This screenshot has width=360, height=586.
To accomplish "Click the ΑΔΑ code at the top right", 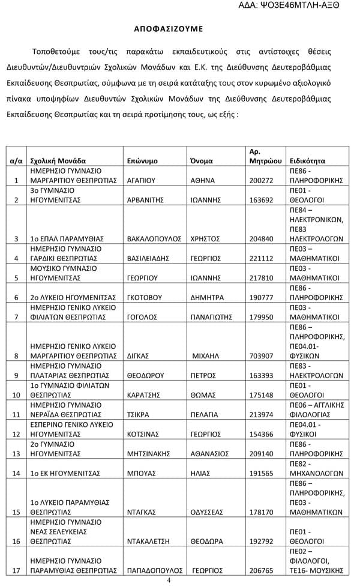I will (x=306, y=5).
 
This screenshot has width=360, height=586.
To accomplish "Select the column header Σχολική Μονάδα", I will (x=58, y=161).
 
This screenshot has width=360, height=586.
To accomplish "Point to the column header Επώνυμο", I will (x=143, y=161).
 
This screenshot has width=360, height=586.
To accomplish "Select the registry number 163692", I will (x=261, y=200).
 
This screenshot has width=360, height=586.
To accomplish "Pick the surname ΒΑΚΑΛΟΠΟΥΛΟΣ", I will (x=154, y=238).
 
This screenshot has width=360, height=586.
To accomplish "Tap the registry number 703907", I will (x=261, y=355).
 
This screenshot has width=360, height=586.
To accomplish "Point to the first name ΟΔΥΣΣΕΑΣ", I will (x=207, y=512).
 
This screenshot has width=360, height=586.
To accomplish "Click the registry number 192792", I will (x=261, y=541).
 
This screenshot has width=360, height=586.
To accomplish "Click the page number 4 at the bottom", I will (x=169, y=580).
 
